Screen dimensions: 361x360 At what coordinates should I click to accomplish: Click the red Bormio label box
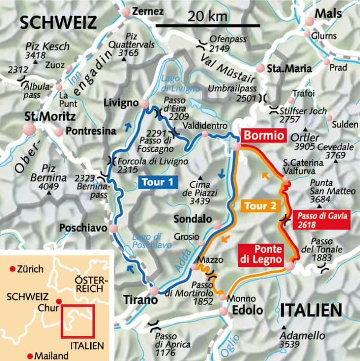point(265,136)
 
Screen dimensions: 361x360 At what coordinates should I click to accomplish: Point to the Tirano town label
point(137,300)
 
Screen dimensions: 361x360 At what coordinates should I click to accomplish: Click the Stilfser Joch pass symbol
point(274,110)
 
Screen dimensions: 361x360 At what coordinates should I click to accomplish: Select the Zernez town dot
point(125,11)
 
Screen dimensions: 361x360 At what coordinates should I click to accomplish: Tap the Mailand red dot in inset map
point(31,354)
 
